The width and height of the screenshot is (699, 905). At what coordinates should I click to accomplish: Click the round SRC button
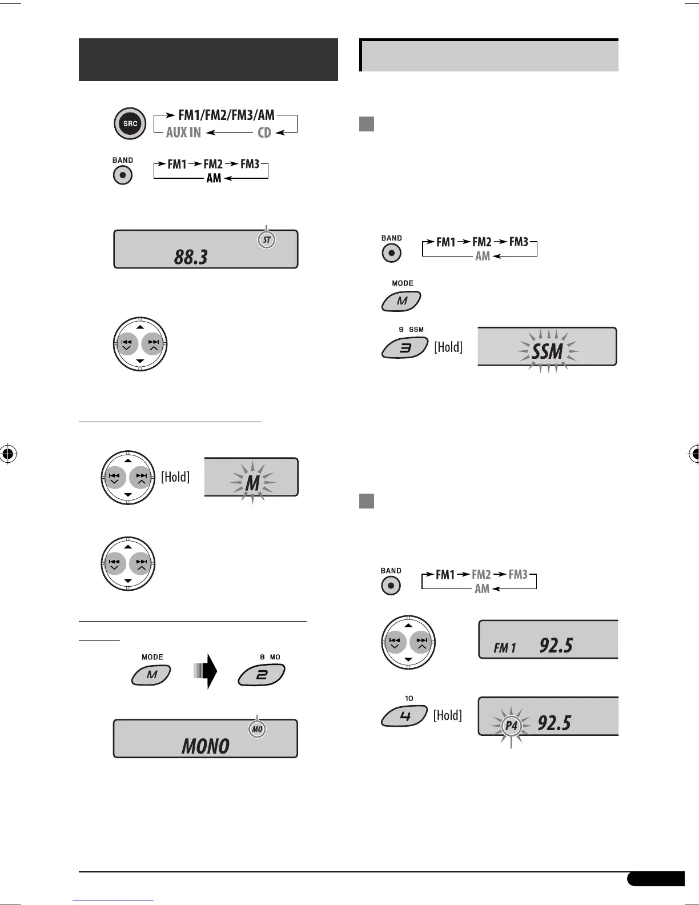point(130,123)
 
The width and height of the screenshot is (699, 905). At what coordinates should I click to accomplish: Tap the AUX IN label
point(183,133)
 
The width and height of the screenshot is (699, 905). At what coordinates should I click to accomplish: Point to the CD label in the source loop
point(264,133)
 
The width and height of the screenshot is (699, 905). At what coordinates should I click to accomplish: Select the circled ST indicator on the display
point(267,240)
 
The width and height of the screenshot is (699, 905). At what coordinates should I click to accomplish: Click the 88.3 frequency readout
point(191,257)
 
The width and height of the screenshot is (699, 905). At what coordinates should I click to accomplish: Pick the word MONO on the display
point(205,746)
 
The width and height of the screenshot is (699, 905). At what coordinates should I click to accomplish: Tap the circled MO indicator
point(258,730)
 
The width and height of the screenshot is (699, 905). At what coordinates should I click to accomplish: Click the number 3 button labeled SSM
point(405,347)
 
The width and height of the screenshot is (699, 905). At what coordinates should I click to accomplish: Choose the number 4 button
point(405,715)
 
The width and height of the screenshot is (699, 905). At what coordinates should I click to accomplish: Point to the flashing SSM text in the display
point(548,351)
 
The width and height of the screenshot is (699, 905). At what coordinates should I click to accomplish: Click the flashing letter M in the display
point(252,483)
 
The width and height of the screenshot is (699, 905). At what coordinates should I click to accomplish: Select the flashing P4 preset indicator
point(511,726)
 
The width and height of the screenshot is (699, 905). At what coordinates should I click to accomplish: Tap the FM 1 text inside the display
point(505,648)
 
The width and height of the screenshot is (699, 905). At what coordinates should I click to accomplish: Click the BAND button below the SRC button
point(122,175)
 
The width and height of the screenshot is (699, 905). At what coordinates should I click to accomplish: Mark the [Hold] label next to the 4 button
point(448,715)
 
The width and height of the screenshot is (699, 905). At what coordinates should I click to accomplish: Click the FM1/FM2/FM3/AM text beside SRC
point(226,115)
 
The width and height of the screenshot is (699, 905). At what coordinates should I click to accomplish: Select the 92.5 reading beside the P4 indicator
point(554,723)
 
